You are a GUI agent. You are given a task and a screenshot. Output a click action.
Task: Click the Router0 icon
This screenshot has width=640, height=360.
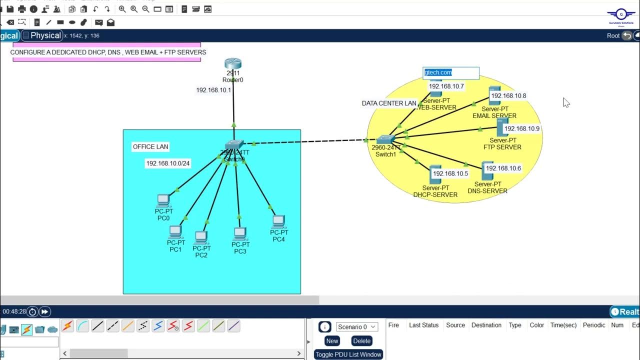233,63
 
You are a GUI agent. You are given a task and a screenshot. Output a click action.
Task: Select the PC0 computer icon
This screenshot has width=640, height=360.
163,201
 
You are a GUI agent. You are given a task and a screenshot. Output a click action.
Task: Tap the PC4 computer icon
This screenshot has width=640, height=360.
278,221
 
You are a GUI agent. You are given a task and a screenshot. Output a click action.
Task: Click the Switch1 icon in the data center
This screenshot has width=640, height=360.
386,139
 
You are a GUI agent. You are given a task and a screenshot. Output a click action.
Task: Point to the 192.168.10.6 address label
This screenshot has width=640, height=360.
503,168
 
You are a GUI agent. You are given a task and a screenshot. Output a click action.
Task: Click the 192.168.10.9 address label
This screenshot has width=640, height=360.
522,128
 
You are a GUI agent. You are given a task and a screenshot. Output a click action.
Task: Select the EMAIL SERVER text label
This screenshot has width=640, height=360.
494,116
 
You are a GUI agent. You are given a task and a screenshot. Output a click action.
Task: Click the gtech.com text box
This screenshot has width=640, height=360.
450,73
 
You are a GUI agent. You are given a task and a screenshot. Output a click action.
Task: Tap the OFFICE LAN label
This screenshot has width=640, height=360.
150,147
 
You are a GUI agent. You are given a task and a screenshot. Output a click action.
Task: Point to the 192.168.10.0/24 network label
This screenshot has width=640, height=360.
167,163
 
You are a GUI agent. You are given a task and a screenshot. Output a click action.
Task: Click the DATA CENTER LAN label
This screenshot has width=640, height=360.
389,103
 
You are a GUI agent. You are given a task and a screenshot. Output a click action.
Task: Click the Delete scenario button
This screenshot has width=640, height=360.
361,341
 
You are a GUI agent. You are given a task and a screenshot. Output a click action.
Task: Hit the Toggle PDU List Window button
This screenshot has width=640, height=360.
348,354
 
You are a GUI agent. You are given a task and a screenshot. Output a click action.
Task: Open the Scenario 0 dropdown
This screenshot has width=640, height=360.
357,327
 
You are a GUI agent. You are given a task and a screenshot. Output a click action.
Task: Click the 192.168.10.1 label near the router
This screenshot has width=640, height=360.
213,90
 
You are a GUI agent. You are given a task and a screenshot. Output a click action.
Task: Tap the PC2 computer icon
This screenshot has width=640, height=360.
201,236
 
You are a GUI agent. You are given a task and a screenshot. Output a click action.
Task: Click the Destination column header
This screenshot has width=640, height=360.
486,325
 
